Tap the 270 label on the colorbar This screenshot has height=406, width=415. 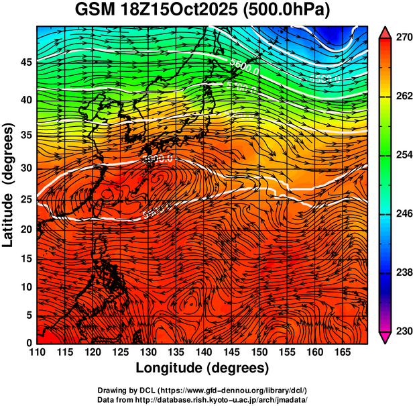(404, 38)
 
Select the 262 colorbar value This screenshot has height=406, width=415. (404, 97)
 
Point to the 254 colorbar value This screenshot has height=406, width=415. (404, 155)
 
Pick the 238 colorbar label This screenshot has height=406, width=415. (404, 272)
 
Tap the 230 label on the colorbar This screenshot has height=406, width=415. (404, 331)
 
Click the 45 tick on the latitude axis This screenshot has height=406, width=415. (25, 62)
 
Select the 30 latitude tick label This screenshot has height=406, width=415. (25, 168)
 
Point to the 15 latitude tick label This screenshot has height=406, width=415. (25, 259)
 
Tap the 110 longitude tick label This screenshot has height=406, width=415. (37, 352)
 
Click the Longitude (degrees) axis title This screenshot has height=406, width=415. (202, 368)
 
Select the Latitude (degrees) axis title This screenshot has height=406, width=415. (9, 185)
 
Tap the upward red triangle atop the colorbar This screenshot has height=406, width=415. (386, 32)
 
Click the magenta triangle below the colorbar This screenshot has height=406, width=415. (386, 338)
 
